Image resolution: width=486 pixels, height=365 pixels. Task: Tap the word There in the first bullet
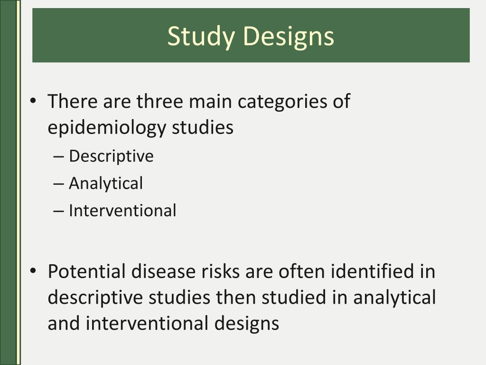tap(68, 101)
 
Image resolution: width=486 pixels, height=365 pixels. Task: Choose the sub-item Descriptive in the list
tap(111, 156)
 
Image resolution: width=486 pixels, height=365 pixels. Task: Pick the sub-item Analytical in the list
tap(105, 183)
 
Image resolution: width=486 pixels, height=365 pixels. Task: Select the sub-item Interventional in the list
tap(122, 210)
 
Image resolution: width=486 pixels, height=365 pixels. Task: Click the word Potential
tap(85, 271)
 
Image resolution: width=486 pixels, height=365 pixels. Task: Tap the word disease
tap(156, 271)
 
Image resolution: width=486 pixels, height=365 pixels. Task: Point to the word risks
tap(216, 271)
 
